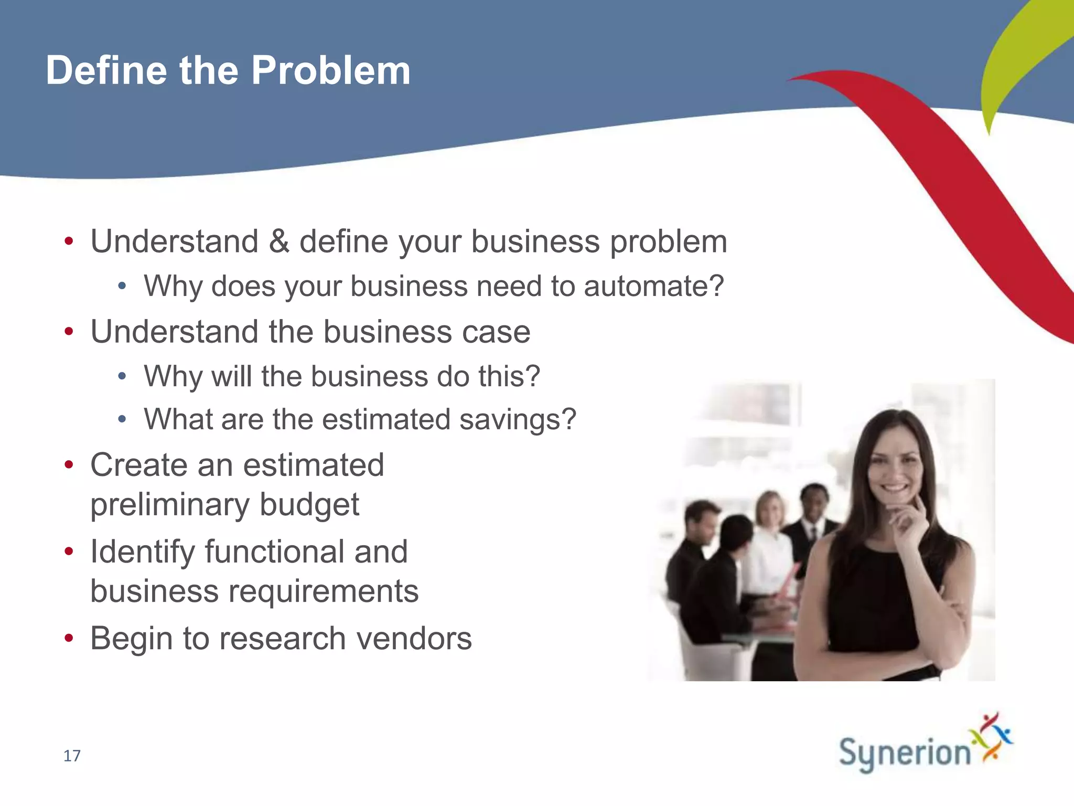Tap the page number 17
pos(72,756)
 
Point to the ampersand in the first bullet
pos(279,241)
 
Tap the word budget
pos(309,505)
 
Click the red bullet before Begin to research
pos(69,639)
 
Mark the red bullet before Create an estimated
pos(69,465)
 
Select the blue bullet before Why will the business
pos(122,376)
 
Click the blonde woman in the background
pos(769,509)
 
